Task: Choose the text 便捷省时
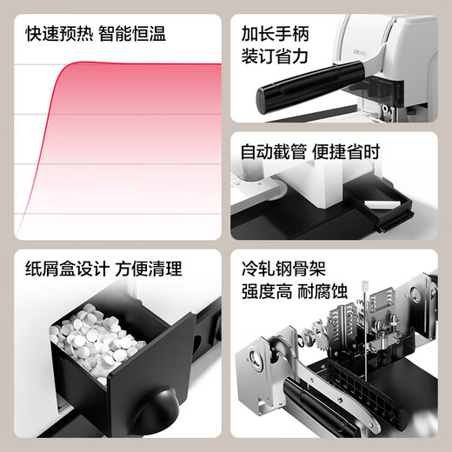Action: point(348,152)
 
